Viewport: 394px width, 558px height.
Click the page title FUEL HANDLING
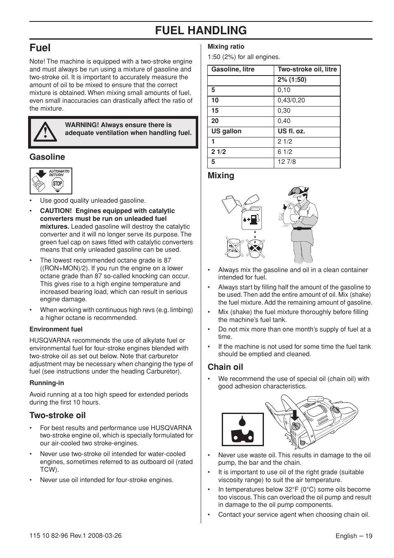(x=201, y=30)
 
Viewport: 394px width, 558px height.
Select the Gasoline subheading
(x=47, y=157)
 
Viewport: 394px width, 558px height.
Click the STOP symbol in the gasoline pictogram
(x=57, y=184)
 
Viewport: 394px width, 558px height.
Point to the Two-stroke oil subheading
(x=57, y=415)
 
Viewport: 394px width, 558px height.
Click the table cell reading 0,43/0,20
(x=291, y=100)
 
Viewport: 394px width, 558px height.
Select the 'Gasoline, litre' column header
(x=233, y=69)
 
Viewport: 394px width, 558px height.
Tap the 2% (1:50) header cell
(x=292, y=80)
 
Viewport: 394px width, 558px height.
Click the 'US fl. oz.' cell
(x=291, y=131)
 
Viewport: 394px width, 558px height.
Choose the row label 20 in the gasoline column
(x=215, y=121)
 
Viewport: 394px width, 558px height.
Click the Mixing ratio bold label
(x=226, y=47)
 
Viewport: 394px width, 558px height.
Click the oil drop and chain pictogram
(x=242, y=429)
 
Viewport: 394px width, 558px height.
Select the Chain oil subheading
(x=225, y=367)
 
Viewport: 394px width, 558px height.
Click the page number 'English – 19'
(x=354, y=536)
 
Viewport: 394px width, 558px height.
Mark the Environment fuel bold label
(x=56, y=329)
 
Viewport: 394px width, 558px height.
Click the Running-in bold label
(x=47, y=383)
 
